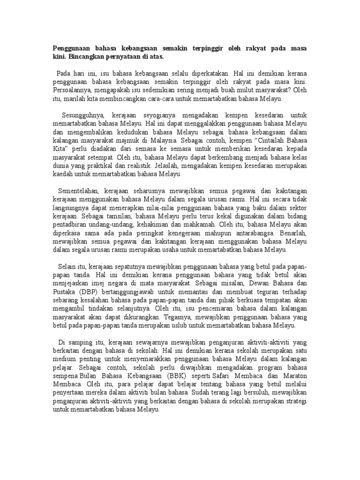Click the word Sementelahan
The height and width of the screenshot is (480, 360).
point(79,190)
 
